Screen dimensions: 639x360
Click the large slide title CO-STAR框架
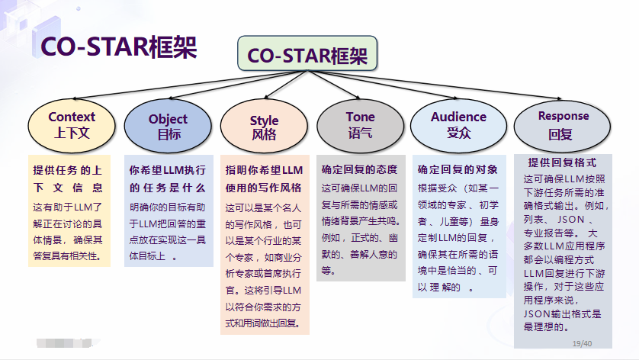[x=119, y=47]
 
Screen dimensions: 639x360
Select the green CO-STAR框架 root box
[x=307, y=53]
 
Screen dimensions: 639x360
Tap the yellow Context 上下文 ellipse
[x=72, y=126]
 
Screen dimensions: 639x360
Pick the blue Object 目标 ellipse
[x=168, y=126]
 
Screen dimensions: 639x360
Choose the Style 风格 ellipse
[x=264, y=126]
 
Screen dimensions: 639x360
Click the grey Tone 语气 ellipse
[x=360, y=126]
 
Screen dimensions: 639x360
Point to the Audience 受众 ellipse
[x=458, y=126]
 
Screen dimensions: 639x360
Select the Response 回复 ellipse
[x=563, y=127]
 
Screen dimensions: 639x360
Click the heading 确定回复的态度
[x=359, y=169]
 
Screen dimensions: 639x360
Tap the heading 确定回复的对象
[x=458, y=169]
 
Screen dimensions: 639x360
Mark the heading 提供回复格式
[x=562, y=162]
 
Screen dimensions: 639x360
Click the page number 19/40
[x=582, y=344]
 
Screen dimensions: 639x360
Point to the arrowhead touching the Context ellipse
[x=75, y=98]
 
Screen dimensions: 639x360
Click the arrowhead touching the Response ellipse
[x=559, y=98]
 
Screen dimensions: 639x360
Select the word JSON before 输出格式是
[x=537, y=314]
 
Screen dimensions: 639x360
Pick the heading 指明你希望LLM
[x=264, y=170]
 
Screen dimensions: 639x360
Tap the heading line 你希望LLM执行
[x=168, y=170]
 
